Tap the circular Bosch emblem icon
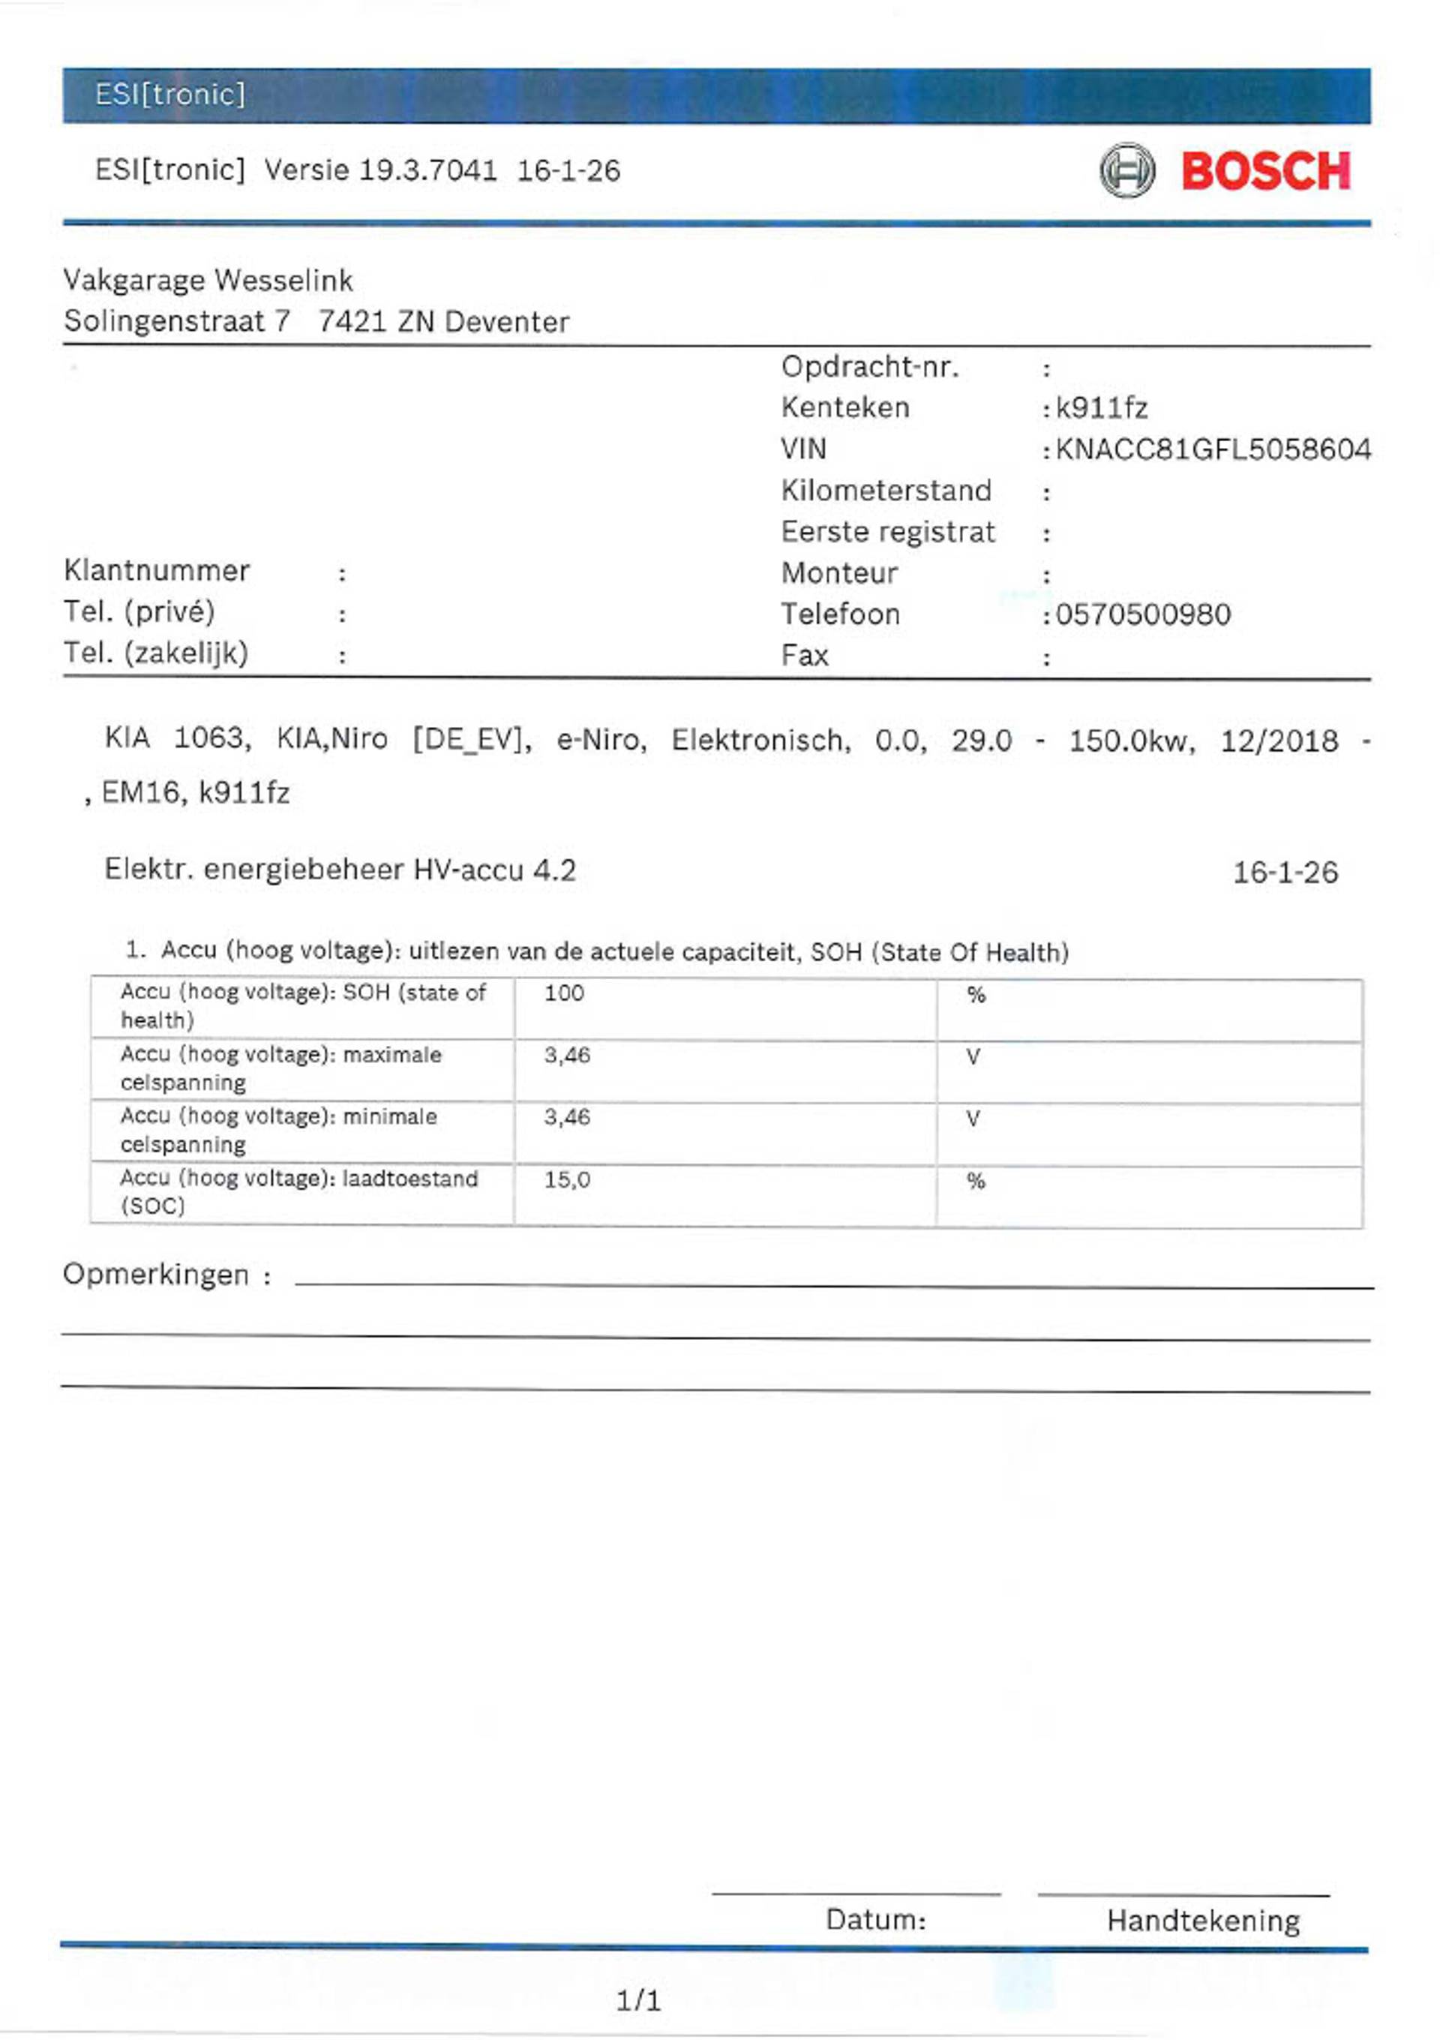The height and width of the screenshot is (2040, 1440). tap(1126, 170)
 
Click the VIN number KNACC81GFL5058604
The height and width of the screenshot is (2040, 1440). tap(1213, 449)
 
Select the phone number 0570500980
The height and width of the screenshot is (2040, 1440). tap(1142, 614)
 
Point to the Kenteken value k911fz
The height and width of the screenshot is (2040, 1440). tap(1101, 408)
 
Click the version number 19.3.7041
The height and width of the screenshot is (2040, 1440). tap(427, 170)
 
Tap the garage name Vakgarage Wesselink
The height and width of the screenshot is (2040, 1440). tap(208, 281)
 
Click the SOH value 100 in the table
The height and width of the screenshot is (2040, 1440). tap(564, 993)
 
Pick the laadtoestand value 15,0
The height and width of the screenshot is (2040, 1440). tap(567, 1180)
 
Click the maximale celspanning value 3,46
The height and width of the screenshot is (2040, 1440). tap(567, 1056)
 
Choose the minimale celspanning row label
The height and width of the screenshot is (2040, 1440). tap(278, 1130)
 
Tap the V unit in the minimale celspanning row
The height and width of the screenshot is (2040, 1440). tap(973, 1119)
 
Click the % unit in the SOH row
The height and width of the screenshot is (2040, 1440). tap(976, 995)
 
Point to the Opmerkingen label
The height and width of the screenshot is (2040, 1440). tap(156, 1275)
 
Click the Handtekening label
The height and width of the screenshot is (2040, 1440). tap(1203, 1920)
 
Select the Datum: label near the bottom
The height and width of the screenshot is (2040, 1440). tap(875, 1919)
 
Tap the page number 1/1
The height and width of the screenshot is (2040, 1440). tap(637, 2001)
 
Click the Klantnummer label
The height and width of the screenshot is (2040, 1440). tap(156, 570)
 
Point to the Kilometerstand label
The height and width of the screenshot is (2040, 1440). tap(886, 491)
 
